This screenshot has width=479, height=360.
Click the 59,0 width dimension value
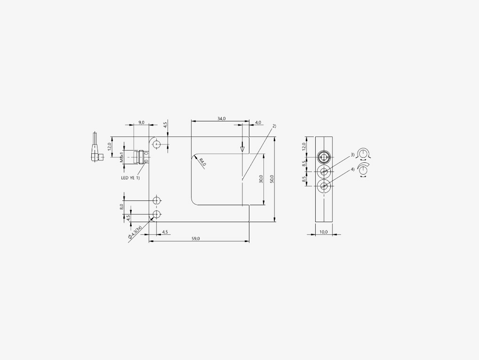(195, 239)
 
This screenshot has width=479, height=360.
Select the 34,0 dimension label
(221, 118)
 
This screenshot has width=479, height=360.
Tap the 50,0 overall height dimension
(272, 179)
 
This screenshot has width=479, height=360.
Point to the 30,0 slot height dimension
(261, 179)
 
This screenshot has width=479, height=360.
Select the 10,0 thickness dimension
(324, 232)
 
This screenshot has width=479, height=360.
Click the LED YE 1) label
(130, 178)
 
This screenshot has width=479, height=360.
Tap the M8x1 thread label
(122, 157)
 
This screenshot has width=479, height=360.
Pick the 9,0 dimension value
(141, 122)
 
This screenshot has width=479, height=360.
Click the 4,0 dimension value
(258, 122)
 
